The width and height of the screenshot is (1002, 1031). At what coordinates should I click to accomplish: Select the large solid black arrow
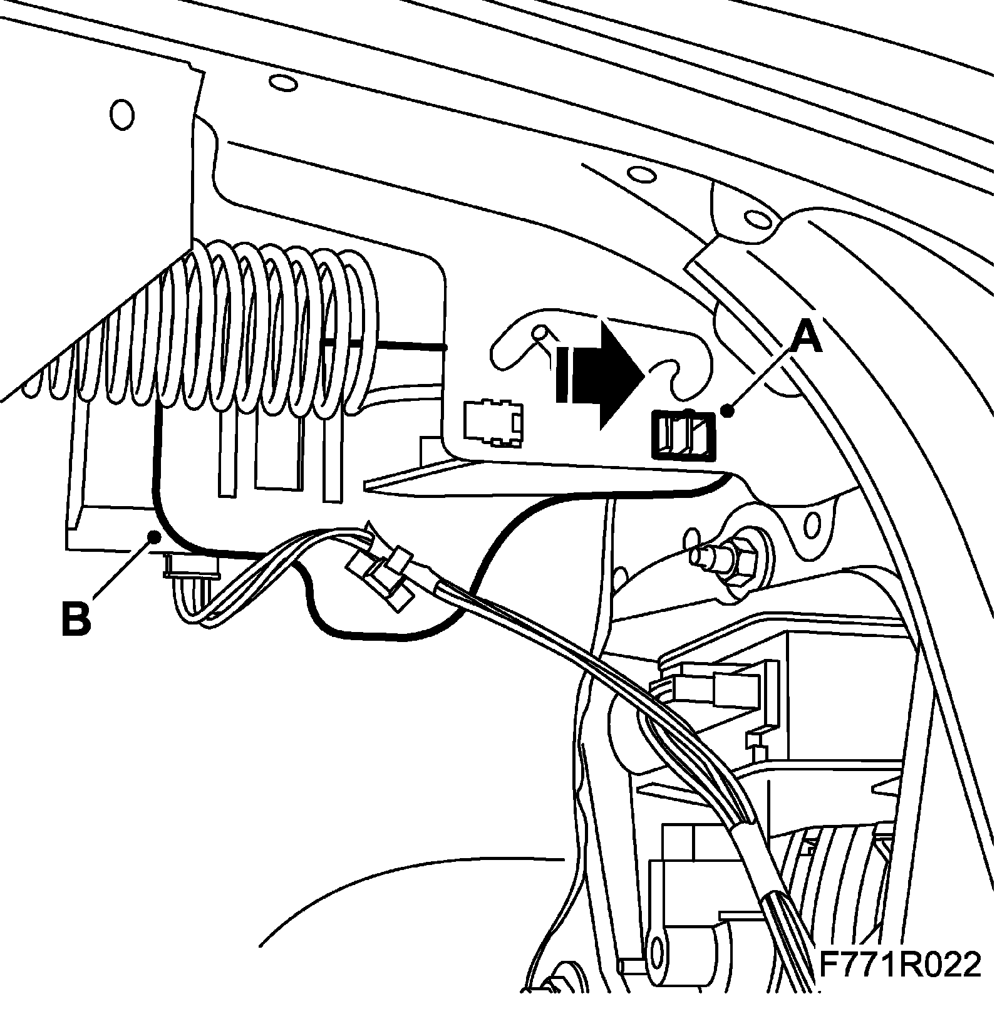[607, 374]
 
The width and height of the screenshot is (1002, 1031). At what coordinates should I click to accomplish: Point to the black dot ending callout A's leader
[727, 412]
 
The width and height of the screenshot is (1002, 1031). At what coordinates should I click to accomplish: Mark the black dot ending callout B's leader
[152, 535]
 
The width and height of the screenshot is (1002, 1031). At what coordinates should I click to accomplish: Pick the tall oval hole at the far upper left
[121, 115]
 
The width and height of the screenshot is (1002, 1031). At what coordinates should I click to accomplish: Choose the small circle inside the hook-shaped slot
[540, 333]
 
